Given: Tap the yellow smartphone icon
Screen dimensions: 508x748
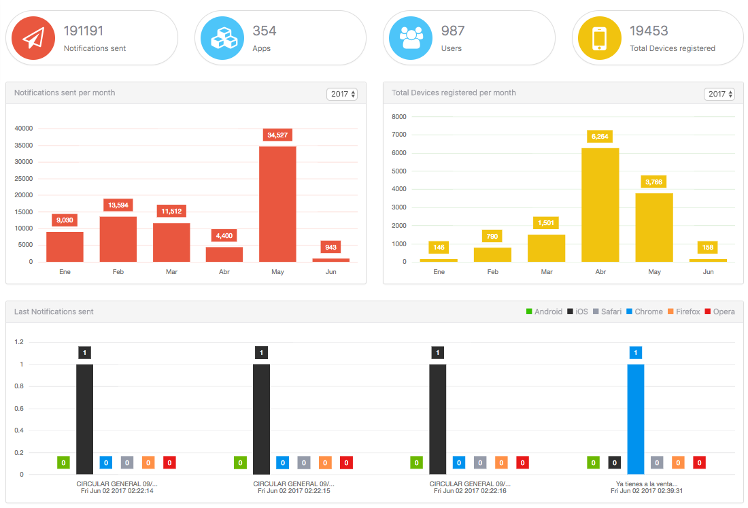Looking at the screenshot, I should tap(598, 38).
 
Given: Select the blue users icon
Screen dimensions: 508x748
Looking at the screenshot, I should tap(410, 38).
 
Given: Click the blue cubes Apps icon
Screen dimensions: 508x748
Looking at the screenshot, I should tap(222, 38).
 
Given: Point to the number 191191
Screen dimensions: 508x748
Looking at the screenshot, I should tap(84, 31).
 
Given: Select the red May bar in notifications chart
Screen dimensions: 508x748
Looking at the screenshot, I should tap(277, 203).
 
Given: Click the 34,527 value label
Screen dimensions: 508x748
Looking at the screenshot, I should tap(277, 135).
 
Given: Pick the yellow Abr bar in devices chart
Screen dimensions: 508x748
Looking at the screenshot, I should tap(600, 205).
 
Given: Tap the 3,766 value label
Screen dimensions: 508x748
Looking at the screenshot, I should tap(654, 182).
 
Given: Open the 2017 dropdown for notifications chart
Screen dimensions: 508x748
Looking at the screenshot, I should tap(342, 94).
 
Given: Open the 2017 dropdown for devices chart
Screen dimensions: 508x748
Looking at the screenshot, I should tap(719, 94).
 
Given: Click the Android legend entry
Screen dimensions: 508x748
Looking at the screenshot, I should tap(544, 311).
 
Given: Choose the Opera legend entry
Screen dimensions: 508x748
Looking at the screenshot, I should tap(719, 311).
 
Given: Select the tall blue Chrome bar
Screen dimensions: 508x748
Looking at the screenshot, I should tap(635, 419).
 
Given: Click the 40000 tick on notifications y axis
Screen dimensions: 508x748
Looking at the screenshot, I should tap(24, 129).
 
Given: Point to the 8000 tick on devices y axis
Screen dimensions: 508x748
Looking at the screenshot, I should tap(399, 117).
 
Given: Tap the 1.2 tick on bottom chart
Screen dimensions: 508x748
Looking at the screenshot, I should tap(19, 342).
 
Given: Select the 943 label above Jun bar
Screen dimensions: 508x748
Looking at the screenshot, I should tap(331, 247).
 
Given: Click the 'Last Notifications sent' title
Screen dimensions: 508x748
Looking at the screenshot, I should tap(54, 311).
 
